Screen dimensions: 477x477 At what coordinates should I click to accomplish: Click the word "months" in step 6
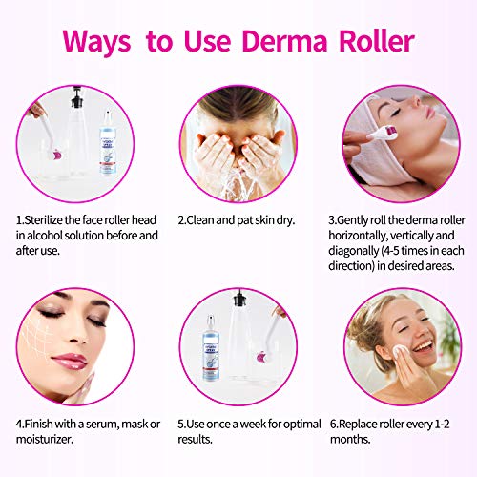pos(375,437)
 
